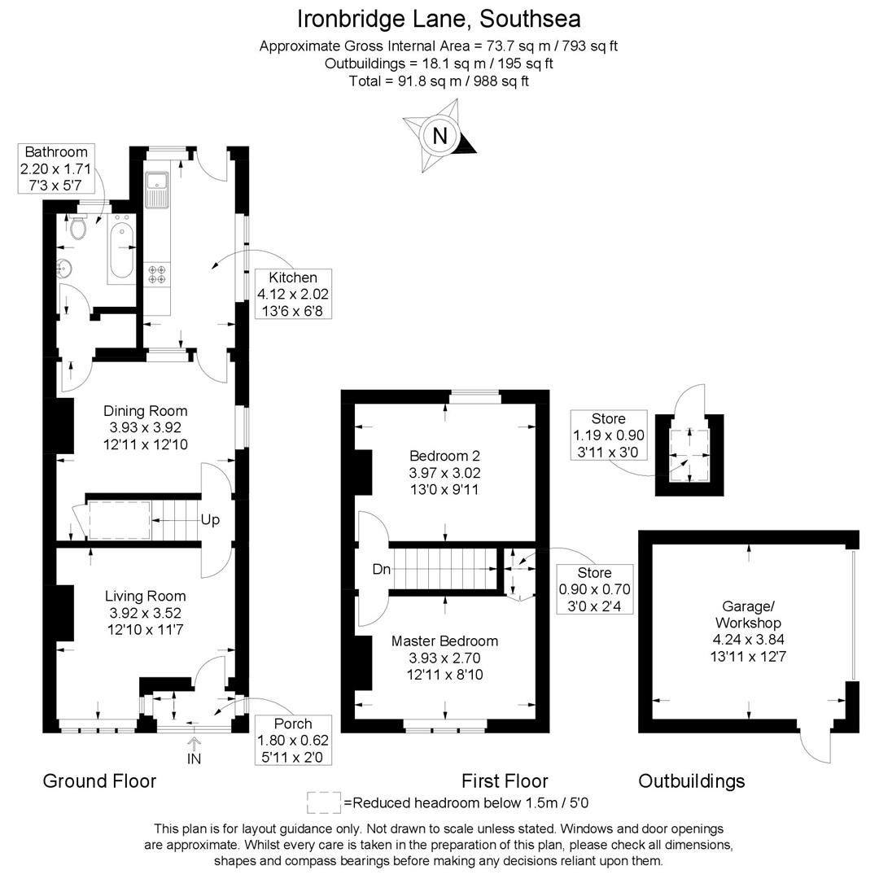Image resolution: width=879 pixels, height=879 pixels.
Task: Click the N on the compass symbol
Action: [x=440, y=136]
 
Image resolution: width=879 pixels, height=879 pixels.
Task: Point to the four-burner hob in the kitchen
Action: [x=157, y=274]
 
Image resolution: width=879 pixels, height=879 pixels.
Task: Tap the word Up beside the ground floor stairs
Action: [x=210, y=519]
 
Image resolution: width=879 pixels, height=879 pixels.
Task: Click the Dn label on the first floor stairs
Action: [x=381, y=570]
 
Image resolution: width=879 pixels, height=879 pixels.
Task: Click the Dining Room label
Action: [x=145, y=411]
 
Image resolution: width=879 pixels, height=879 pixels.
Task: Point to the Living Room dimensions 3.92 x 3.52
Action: [x=145, y=613]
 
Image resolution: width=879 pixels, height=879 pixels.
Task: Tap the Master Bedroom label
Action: [x=444, y=641]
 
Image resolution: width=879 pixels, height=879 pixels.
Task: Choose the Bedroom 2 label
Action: [x=444, y=456]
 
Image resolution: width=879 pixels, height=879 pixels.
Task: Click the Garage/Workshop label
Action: [x=749, y=614]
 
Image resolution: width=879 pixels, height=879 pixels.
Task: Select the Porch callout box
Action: [x=293, y=740]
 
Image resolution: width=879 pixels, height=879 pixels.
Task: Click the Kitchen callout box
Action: [x=293, y=294]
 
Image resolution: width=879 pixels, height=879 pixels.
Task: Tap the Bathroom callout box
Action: [x=56, y=168]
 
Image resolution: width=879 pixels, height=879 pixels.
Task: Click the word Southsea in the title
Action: [x=530, y=19]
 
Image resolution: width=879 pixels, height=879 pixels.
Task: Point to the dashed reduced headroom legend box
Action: [x=323, y=802]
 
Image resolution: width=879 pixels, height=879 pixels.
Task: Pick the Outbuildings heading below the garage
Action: [x=692, y=781]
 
